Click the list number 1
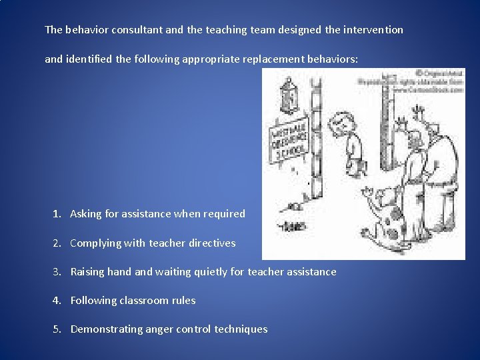58,214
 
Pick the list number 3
58,272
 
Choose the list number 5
58,329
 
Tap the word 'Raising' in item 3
88,272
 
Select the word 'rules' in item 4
183,301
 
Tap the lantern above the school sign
289,91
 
